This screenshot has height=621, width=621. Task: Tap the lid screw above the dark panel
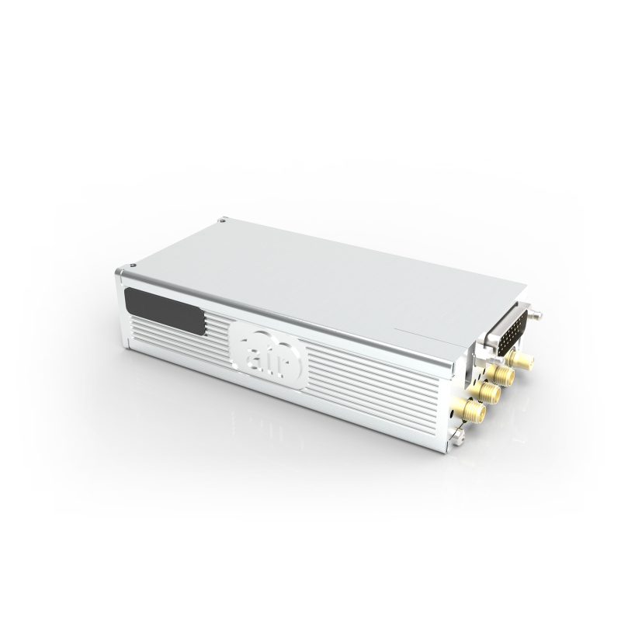click(x=223, y=220)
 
